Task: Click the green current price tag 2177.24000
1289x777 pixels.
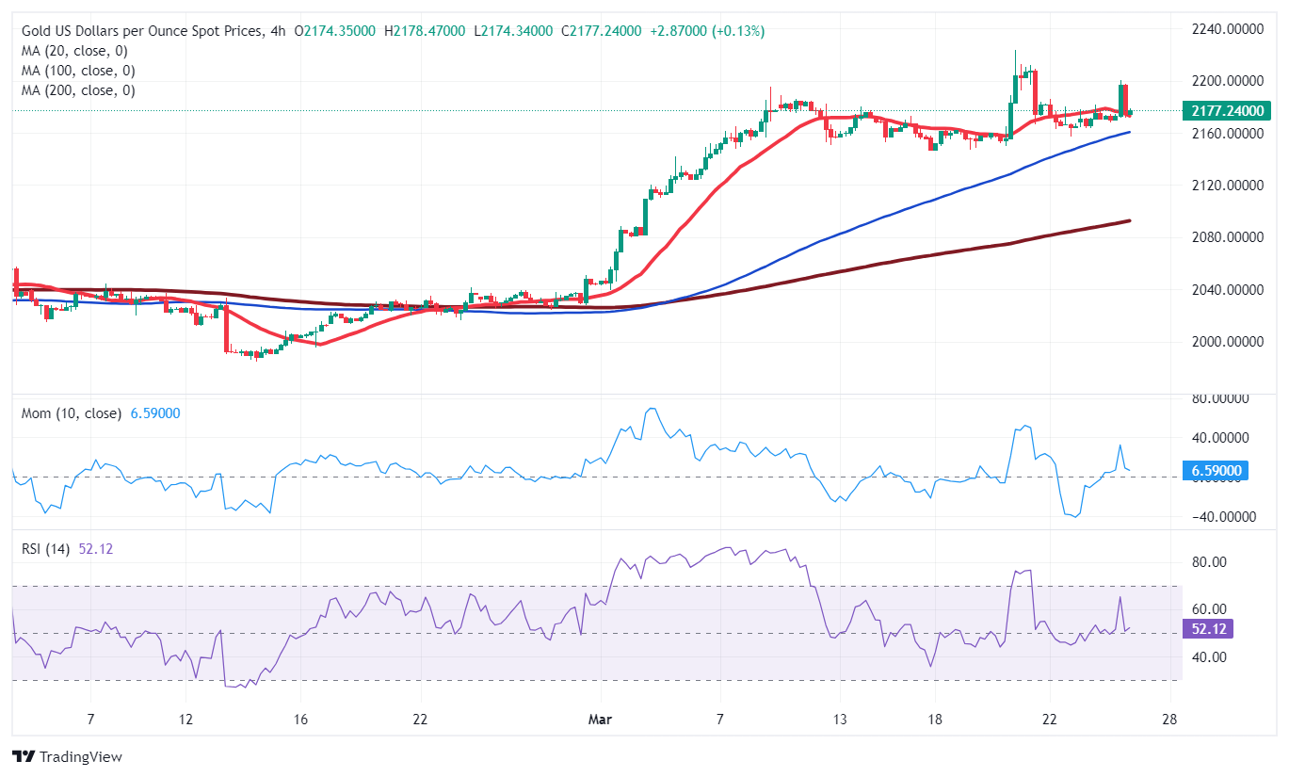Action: coord(1226,111)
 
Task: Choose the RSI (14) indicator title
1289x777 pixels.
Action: coord(49,548)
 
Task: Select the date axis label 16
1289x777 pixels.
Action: coord(299,720)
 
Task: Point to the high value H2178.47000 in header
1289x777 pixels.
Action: coord(425,31)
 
